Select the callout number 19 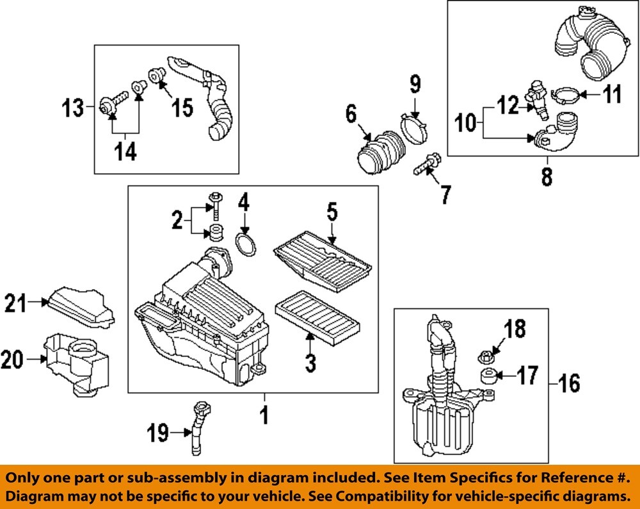click(x=158, y=434)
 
